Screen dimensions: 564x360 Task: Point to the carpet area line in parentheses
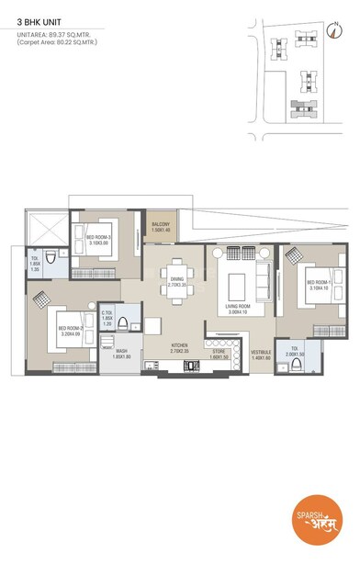coord(57,42)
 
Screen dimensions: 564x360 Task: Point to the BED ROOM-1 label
coord(319,285)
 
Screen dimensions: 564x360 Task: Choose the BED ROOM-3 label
coord(98,240)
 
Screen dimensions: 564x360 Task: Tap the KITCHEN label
coord(179,348)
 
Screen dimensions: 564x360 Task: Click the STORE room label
coord(218,353)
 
